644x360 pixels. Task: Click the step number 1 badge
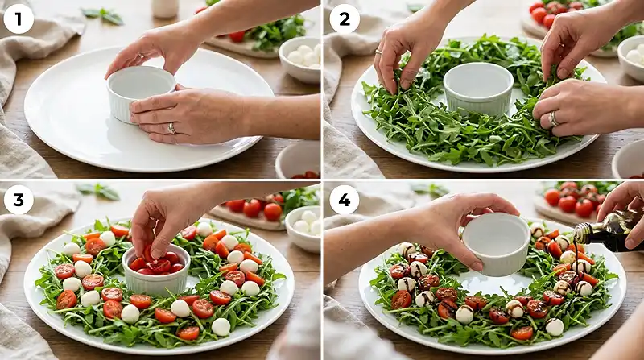(19, 19)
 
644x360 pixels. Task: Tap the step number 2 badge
(344, 19)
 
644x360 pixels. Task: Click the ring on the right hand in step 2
(552, 118)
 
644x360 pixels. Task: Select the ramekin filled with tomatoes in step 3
(156, 270)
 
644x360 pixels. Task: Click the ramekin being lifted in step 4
(496, 241)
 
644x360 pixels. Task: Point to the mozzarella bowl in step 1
(299, 58)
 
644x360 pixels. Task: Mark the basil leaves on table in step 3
(97, 191)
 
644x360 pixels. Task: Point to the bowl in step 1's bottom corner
(299, 160)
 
